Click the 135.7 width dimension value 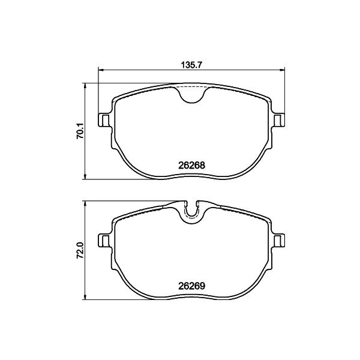pyautogui.click(x=191, y=65)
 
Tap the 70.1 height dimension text pyautogui.click(x=80, y=131)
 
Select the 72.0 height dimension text pyautogui.click(x=80, y=251)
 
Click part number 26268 pyautogui.click(x=191, y=165)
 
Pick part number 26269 pyautogui.click(x=191, y=286)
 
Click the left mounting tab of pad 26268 pyautogui.click(x=104, y=120)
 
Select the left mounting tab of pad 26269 pyautogui.click(x=104, y=241)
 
